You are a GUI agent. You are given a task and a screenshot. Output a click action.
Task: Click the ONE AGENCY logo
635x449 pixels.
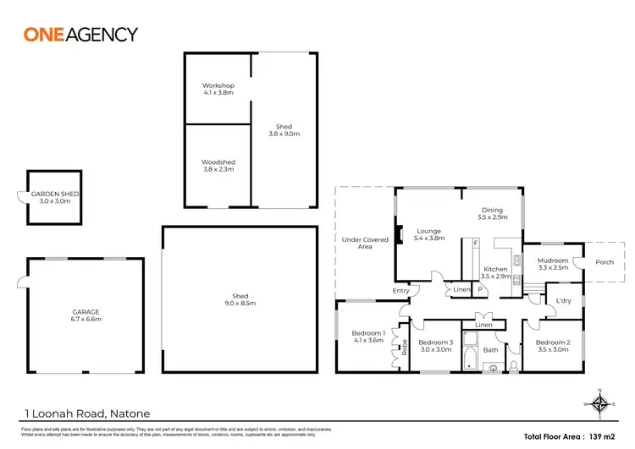click(x=80, y=35)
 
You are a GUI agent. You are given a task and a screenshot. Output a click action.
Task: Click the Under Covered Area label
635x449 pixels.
click(x=365, y=244)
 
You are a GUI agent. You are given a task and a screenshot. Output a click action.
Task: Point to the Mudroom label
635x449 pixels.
click(x=553, y=264)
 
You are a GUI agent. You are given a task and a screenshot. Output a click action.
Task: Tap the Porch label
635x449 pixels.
click(x=605, y=262)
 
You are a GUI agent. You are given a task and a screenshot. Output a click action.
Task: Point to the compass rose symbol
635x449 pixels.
click(x=599, y=403)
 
